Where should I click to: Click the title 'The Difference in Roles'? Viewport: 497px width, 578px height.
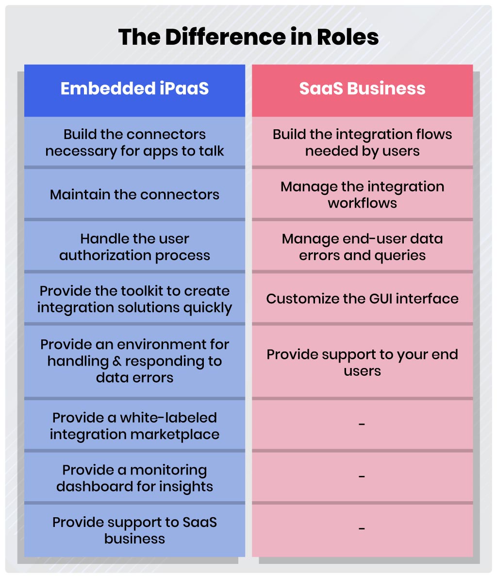pyautogui.click(x=248, y=37)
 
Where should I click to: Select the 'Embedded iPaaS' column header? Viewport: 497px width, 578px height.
pyautogui.click(x=135, y=90)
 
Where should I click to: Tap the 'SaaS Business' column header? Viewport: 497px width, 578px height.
pyautogui.click(x=362, y=90)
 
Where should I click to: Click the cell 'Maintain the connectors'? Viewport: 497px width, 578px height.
pyautogui.click(x=135, y=194)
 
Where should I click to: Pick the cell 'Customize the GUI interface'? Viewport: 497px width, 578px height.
pyautogui.click(x=362, y=298)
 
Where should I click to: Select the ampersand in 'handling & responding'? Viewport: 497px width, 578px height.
pyautogui.click(x=116, y=361)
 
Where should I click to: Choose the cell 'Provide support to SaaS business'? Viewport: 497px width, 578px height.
pyautogui.click(x=135, y=530)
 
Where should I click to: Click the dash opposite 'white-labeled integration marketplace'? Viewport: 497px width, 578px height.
pyautogui.click(x=362, y=424)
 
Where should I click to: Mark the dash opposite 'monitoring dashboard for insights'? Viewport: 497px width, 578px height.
pyautogui.click(x=362, y=476)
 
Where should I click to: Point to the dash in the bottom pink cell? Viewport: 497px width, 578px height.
pyautogui.click(x=362, y=528)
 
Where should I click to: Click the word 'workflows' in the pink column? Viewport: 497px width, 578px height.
pyautogui.click(x=362, y=203)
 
